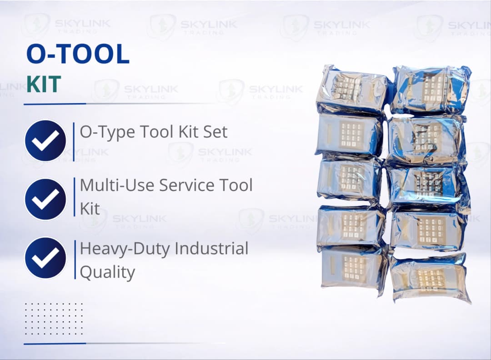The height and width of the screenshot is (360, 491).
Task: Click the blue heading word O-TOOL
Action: coord(78,55)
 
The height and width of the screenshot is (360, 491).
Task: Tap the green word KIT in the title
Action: coord(44,85)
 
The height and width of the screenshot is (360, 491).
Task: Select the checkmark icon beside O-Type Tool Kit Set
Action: coord(45,140)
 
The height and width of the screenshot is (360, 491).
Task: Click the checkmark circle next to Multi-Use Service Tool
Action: coord(45,199)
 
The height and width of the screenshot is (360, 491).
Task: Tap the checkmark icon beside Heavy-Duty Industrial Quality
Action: coord(45,258)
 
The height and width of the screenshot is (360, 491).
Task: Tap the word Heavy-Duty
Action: coord(125,249)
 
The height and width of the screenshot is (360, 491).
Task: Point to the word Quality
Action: coord(107,272)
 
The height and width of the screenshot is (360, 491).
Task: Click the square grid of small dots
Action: coord(54,319)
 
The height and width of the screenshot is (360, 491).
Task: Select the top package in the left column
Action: coord(352,89)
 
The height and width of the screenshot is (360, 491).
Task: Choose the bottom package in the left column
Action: coord(354,268)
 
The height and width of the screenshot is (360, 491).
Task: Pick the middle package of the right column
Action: coord(427,185)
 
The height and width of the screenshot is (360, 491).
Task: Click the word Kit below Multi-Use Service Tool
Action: coord(90,209)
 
